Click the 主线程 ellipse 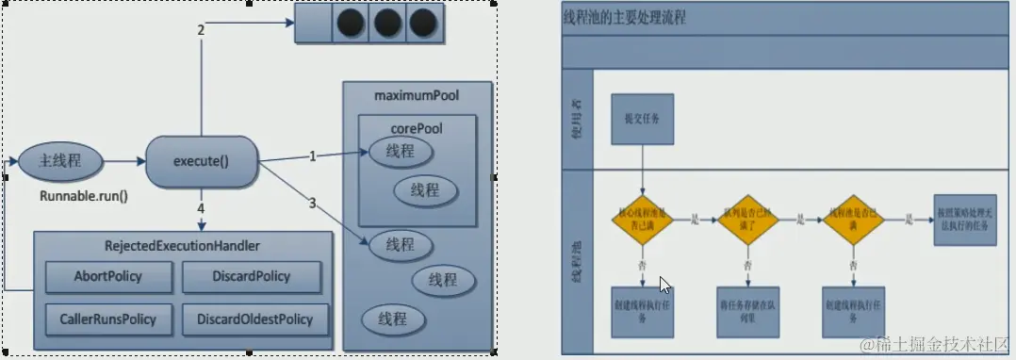click(x=59, y=161)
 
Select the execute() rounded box click(x=201, y=160)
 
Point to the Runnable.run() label click(x=83, y=197)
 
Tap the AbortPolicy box click(x=110, y=276)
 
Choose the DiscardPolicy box click(x=250, y=276)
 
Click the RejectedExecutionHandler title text click(x=183, y=246)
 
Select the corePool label click(x=416, y=128)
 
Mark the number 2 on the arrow click(x=201, y=30)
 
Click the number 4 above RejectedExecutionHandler click(x=201, y=205)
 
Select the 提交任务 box click(x=642, y=119)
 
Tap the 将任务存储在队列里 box click(x=746, y=311)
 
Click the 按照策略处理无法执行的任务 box click(x=964, y=221)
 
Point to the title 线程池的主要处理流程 click(x=624, y=18)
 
